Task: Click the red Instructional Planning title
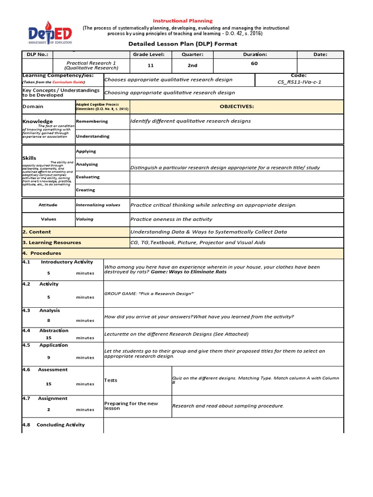(x=183, y=21)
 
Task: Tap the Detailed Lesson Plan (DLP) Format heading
(x=183, y=44)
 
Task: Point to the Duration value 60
(x=254, y=63)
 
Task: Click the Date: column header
(x=320, y=54)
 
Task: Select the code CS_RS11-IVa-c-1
(x=299, y=82)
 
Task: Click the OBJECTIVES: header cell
(x=237, y=106)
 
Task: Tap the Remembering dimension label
(x=92, y=121)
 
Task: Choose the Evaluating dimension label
(x=88, y=177)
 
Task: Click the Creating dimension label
(x=85, y=190)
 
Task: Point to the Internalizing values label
(x=98, y=205)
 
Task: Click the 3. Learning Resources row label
(x=52, y=242)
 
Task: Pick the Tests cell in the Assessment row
(x=111, y=380)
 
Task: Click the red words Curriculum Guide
(x=67, y=83)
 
